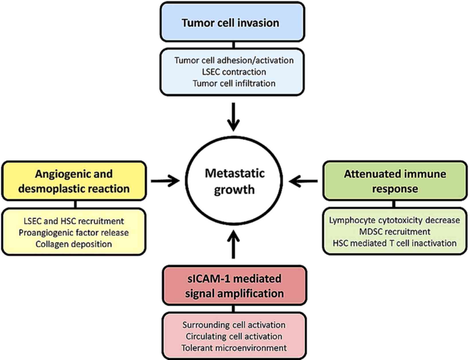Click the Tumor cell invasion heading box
(x=232, y=22)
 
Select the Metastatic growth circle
(x=234, y=181)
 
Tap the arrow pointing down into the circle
(x=234, y=117)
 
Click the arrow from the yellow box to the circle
(x=165, y=181)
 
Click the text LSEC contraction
(x=234, y=72)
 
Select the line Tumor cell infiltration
(x=234, y=83)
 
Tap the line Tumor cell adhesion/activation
(x=234, y=60)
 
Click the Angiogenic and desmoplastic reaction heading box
(x=74, y=181)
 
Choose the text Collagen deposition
(x=74, y=244)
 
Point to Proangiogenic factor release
(x=74, y=232)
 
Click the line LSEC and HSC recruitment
(x=74, y=221)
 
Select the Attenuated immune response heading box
(x=395, y=181)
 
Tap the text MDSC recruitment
(x=395, y=232)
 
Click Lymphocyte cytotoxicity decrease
(x=394, y=220)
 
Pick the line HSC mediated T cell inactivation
(x=395, y=243)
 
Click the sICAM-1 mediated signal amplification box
(x=234, y=286)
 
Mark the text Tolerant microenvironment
(x=234, y=348)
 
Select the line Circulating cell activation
(x=234, y=336)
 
